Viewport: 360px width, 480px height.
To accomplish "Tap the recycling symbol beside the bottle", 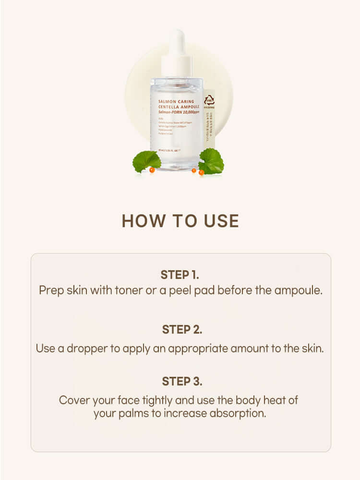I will point(209,101).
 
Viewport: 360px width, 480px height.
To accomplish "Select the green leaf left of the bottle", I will point(146,161).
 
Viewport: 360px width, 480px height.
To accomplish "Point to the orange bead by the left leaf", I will point(151,169).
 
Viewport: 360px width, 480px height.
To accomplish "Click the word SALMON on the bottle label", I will point(168,102).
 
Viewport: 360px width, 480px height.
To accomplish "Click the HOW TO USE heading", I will point(180,221).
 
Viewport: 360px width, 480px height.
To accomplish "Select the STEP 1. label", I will point(180,275).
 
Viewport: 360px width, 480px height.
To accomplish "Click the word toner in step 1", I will point(125,291).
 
